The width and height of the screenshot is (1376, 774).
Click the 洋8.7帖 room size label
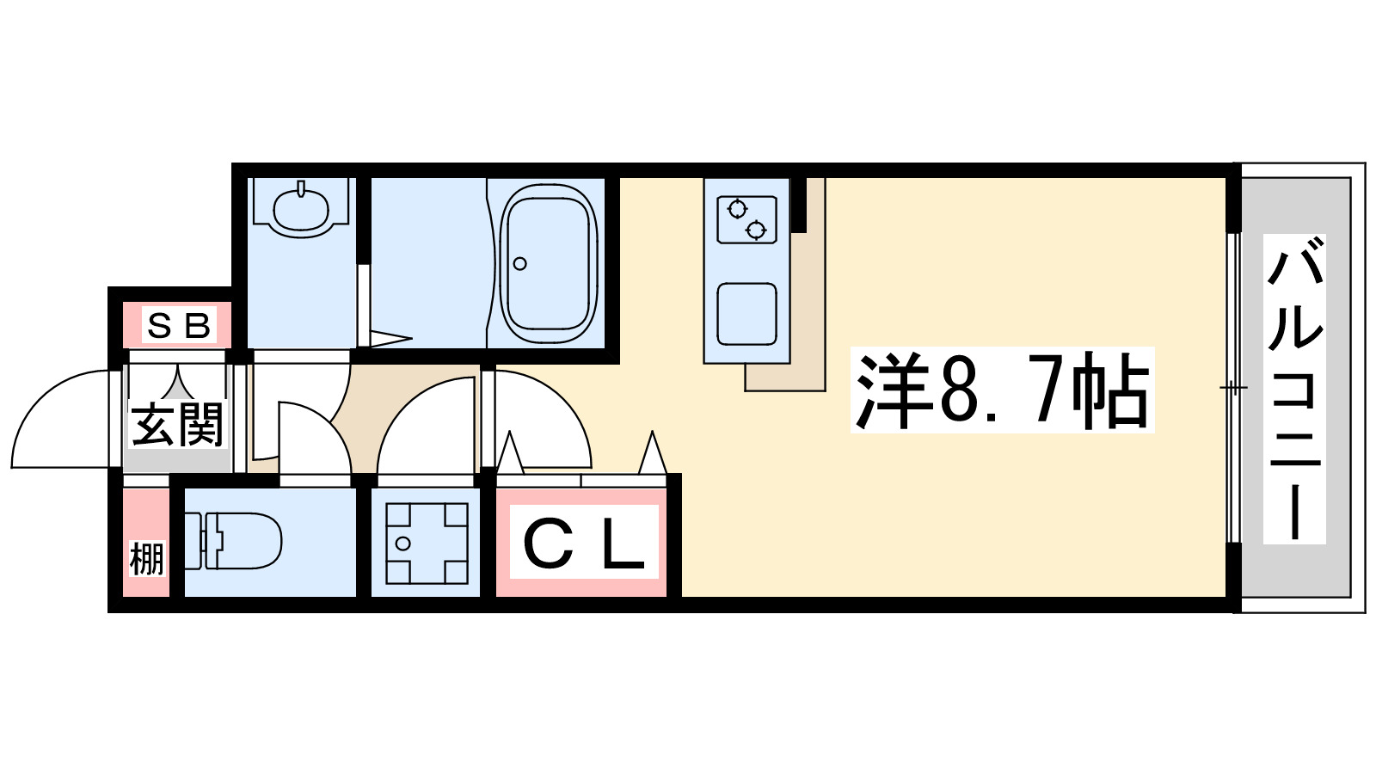pyautogui.click(x=1002, y=391)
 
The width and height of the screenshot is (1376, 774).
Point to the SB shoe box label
pyautogui.click(x=179, y=326)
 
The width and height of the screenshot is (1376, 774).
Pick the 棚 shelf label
pyautogui.click(x=146, y=559)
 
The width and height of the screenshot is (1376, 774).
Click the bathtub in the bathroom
pyautogui.click(x=549, y=264)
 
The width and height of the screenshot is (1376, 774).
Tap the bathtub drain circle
pyautogui.click(x=519, y=264)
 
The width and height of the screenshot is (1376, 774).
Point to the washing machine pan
pyautogui.click(x=427, y=543)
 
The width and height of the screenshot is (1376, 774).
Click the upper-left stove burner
pyautogui.click(x=737, y=209)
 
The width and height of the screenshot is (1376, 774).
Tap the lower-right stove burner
pyautogui.click(x=756, y=230)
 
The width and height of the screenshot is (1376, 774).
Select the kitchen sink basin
pyautogui.click(x=746, y=314)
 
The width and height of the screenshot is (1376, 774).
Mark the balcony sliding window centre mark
pyautogui.click(x=1233, y=388)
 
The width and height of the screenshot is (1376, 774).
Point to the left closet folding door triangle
pyautogui.click(x=510, y=454)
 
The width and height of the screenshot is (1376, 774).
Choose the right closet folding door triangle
pyautogui.click(x=653, y=454)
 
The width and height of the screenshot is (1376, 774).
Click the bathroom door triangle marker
pyautogui.click(x=390, y=339)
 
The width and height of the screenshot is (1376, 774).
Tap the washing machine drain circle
pyautogui.click(x=403, y=543)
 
